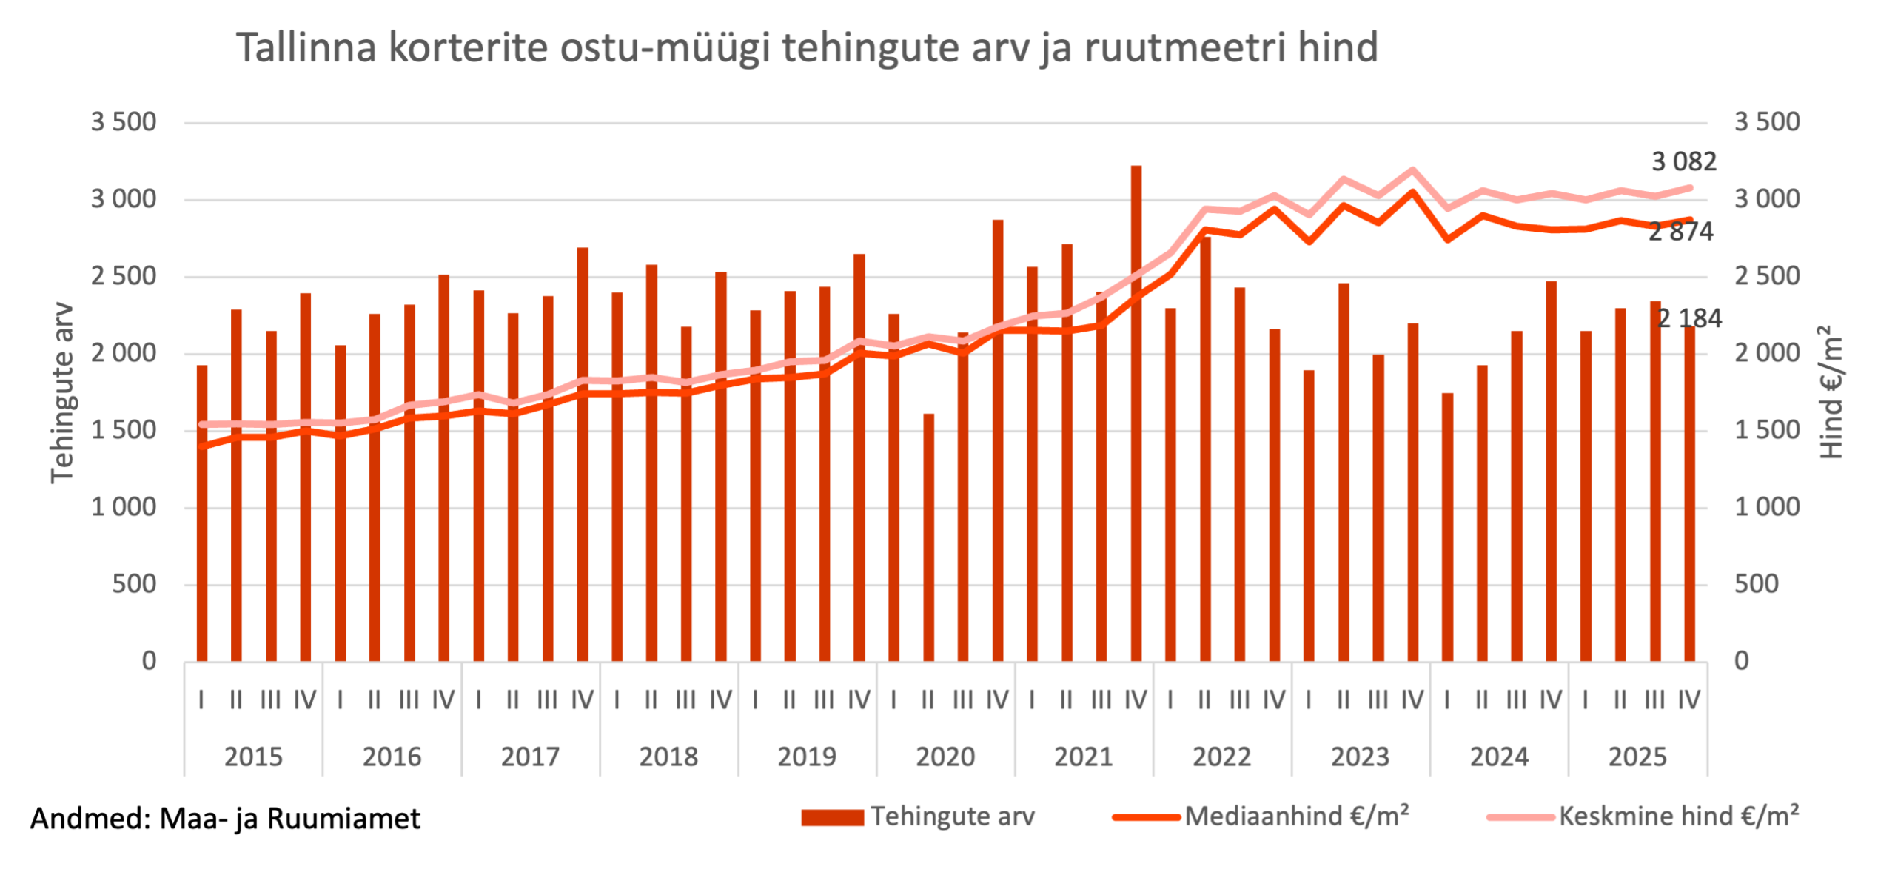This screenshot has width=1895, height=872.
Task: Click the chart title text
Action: point(807,48)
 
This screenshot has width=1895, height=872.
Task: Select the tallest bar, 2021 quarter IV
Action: point(1136,415)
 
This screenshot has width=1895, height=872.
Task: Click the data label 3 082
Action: point(1683,161)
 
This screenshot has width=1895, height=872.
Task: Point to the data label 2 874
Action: point(1680,232)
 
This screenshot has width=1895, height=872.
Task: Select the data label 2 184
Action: point(1689,318)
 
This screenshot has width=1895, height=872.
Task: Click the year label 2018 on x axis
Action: point(668,757)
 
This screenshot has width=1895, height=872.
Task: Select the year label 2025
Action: point(1637,757)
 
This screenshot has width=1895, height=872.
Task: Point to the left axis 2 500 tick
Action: point(124,276)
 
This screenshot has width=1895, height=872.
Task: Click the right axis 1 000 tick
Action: point(1767,507)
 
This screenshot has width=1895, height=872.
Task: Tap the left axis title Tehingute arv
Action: point(63,392)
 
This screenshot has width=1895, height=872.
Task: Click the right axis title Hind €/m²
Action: point(1831,392)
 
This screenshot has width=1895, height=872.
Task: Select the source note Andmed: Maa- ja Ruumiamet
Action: point(225,819)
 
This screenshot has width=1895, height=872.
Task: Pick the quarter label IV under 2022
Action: point(1274,700)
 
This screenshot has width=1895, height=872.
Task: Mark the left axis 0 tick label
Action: point(149,661)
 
